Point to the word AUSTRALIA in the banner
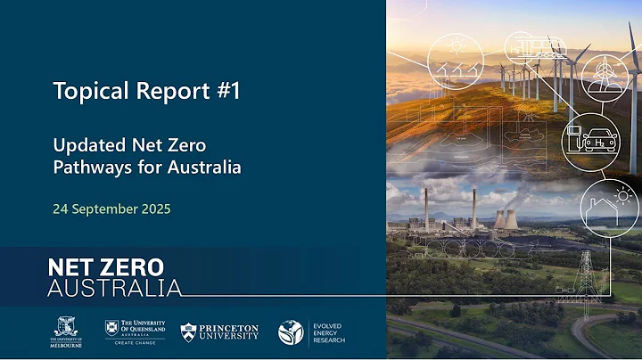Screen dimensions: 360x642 pyautogui.click(x=113, y=287)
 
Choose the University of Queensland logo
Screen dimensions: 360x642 pyautogui.click(x=136, y=329)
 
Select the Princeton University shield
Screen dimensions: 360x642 pyautogui.click(x=188, y=332)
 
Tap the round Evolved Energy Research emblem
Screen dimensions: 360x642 pyautogui.click(x=291, y=332)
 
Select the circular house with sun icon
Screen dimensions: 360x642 pyautogui.click(x=610, y=206)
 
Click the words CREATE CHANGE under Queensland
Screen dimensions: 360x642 pyautogui.click(x=136, y=341)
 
